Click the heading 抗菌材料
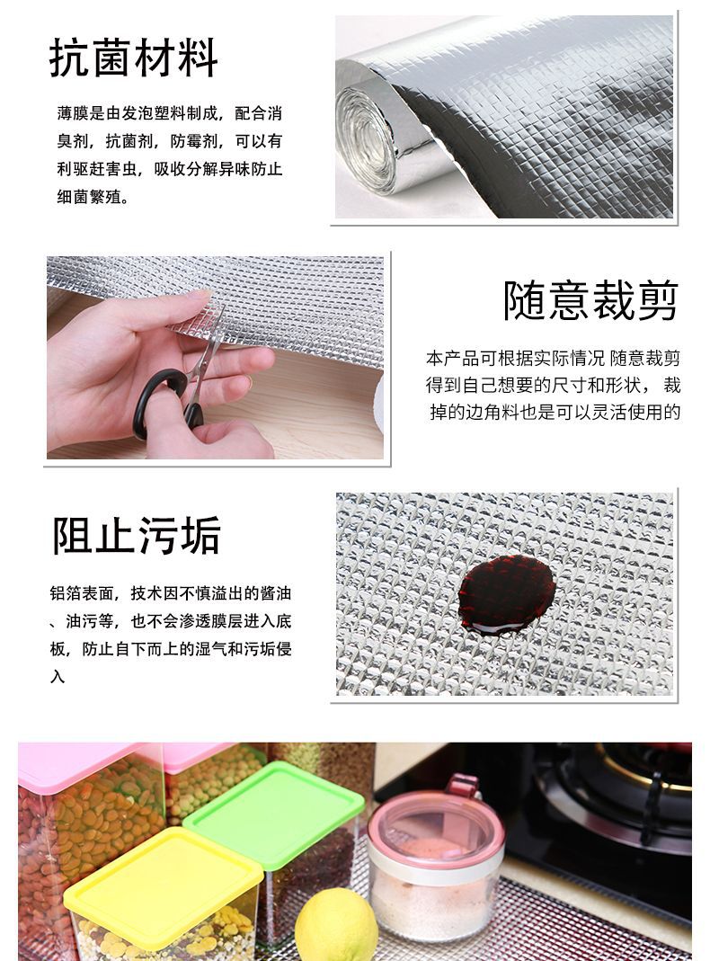[x=134, y=58]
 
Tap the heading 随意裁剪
[x=590, y=299]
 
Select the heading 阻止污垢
[x=136, y=537]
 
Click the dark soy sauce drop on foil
[x=503, y=591]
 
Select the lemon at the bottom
[x=335, y=926]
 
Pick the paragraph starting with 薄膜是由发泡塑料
[x=169, y=155]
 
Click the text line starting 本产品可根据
[x=553, y=358]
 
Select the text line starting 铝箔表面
[x=171, y=594]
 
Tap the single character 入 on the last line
[x=58, y=677]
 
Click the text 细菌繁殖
[x=93, y=196]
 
